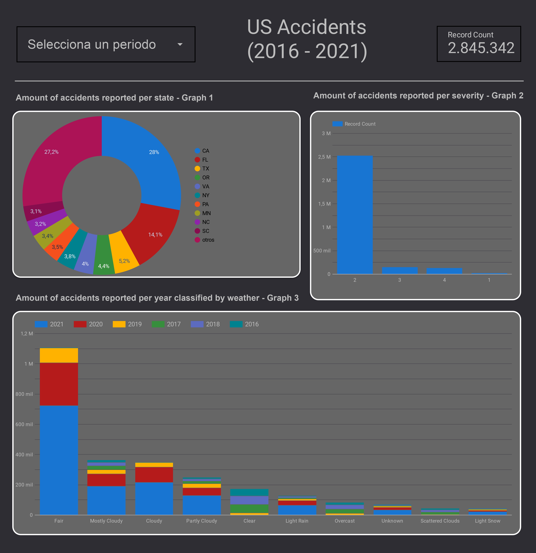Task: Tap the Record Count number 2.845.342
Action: [x=481, y=48]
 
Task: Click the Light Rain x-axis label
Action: [x=297, y=521]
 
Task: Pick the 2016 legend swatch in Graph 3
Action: [x=236, y=324]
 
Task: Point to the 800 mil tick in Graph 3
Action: [x=24, y=394]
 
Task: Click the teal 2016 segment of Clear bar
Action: [x=249, y=492]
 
